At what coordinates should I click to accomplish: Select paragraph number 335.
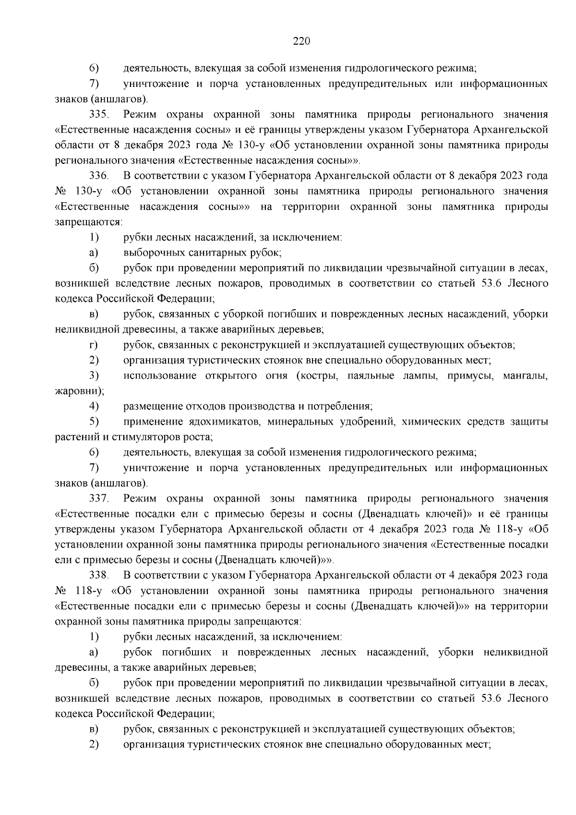click(x=99, y=114)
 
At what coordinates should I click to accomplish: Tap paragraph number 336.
click(x=99, y=176)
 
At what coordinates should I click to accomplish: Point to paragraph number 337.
click(x=99, y=499)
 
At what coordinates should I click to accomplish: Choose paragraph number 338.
click(x=99, y=575)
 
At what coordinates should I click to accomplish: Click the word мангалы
click(x=525, y=376)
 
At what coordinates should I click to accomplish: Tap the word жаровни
click(x=77, y=391)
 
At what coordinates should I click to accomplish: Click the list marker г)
click(x=94, y=345)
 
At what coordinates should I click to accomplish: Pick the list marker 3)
click(x=94, y=376)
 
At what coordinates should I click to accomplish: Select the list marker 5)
click(x=94, y=422)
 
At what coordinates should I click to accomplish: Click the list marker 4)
click(x=94, y=406)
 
